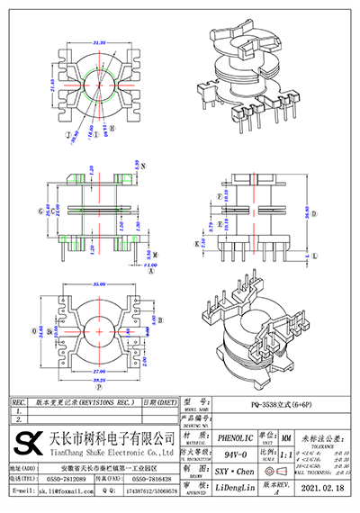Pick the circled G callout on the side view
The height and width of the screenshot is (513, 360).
point(41,211)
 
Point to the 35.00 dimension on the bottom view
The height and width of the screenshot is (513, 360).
point(98,285)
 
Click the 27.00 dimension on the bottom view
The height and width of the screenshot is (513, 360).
point(98,369)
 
